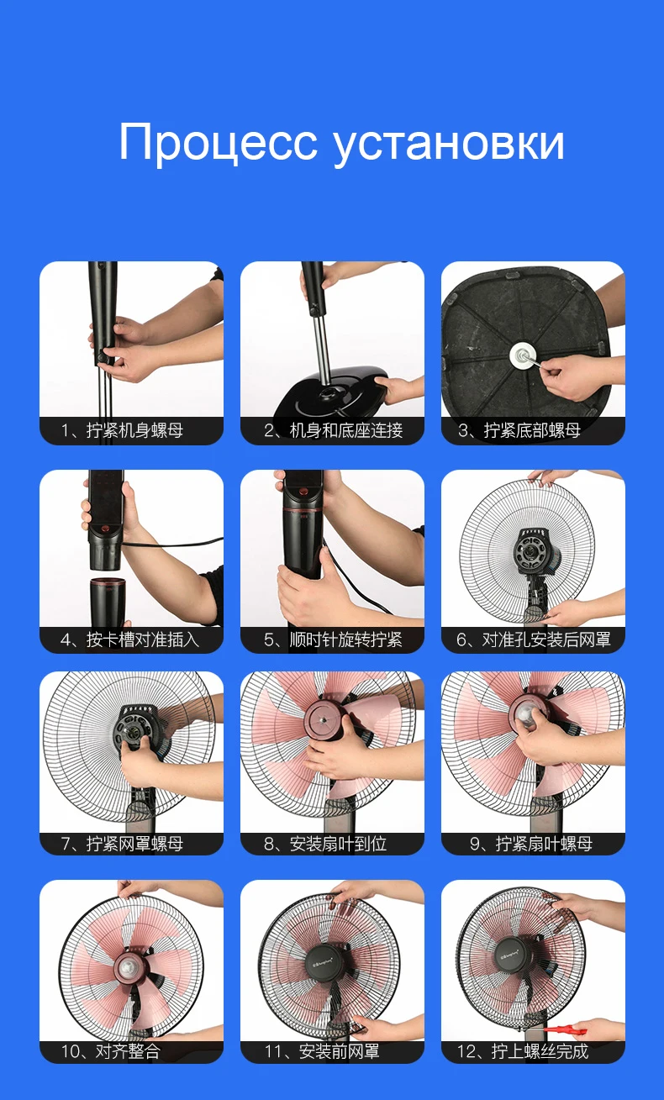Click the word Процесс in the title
(x=218, y=142)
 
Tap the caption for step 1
(x=122, y=430)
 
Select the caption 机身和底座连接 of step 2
(x=334, y=430)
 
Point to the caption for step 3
(x=519, y=430)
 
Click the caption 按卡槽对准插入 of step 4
(x=130, y=639)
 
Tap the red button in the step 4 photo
(x=105, y=529)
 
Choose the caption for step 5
(x=333, y=639)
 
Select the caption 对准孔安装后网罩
(x=534, y=639)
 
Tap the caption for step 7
(x=122, y=843)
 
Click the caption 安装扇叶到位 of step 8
(x=325, y=843)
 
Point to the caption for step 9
(x=531, y=843)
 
